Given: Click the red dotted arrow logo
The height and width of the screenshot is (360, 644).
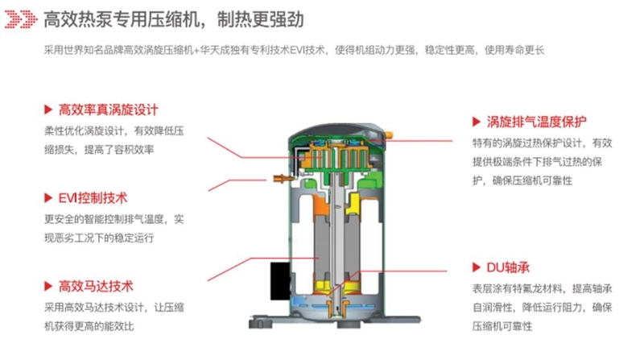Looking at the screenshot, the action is pyautogui.click(x=21, y=19).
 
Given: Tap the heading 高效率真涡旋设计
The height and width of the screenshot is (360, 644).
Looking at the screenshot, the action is pyautogui.click(x=109, y=110).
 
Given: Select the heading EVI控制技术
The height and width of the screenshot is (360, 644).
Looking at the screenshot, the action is pyautogui.click(x=93, y=198).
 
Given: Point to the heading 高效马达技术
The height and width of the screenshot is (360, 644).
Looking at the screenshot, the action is pyautogui.click(x=96, y=286).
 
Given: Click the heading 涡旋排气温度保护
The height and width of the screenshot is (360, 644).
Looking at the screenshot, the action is pyautogui.click(x=536, y=122).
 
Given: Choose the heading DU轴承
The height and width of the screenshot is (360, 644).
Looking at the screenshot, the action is pyautogui.click(x=508, y=267).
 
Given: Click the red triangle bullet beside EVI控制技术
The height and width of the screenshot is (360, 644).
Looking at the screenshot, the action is pyautogui.click(x=48, y=198).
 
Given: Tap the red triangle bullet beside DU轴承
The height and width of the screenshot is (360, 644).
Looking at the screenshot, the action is pyautogui.click(x=477, y=267).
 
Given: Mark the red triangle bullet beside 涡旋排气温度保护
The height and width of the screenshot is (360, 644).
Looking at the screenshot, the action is pyautogui.click(x=477, y=122).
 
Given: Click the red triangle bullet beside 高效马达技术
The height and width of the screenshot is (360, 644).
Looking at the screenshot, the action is pyautogui.click(x=48, y=286).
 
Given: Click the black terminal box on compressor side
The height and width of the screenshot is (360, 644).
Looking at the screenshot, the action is pyautogui.click(x=280, y=281).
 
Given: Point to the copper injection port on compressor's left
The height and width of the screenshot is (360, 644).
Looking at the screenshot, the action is pyautogui.click(x=283, y=179).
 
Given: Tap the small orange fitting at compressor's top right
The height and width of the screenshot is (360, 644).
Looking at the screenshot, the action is pyautogui.click(x=388, y=134).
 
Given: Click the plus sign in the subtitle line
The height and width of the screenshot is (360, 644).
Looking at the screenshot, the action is pyautogui.click(x=196, y=51).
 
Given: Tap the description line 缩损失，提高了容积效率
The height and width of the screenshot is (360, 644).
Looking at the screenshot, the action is pyautogui.click(x=99, y=150).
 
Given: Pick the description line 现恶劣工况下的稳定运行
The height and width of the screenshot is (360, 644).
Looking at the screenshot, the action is pyautogui.click(x=99, y=238).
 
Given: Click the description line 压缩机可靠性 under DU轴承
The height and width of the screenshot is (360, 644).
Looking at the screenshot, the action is pyautogui.click(x=502, y=326).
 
